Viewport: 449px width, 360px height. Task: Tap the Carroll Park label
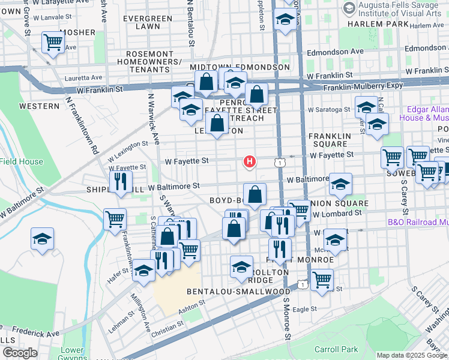[x=336, y=349]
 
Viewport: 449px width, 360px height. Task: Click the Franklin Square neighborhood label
[x=329, y=140]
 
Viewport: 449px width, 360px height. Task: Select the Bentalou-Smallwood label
[x=238, y=292]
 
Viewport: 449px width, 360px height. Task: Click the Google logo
[x=19, y=353]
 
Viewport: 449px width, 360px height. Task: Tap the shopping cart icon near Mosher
[x=53, y=43]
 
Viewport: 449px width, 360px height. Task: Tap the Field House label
[x=22, y=161]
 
